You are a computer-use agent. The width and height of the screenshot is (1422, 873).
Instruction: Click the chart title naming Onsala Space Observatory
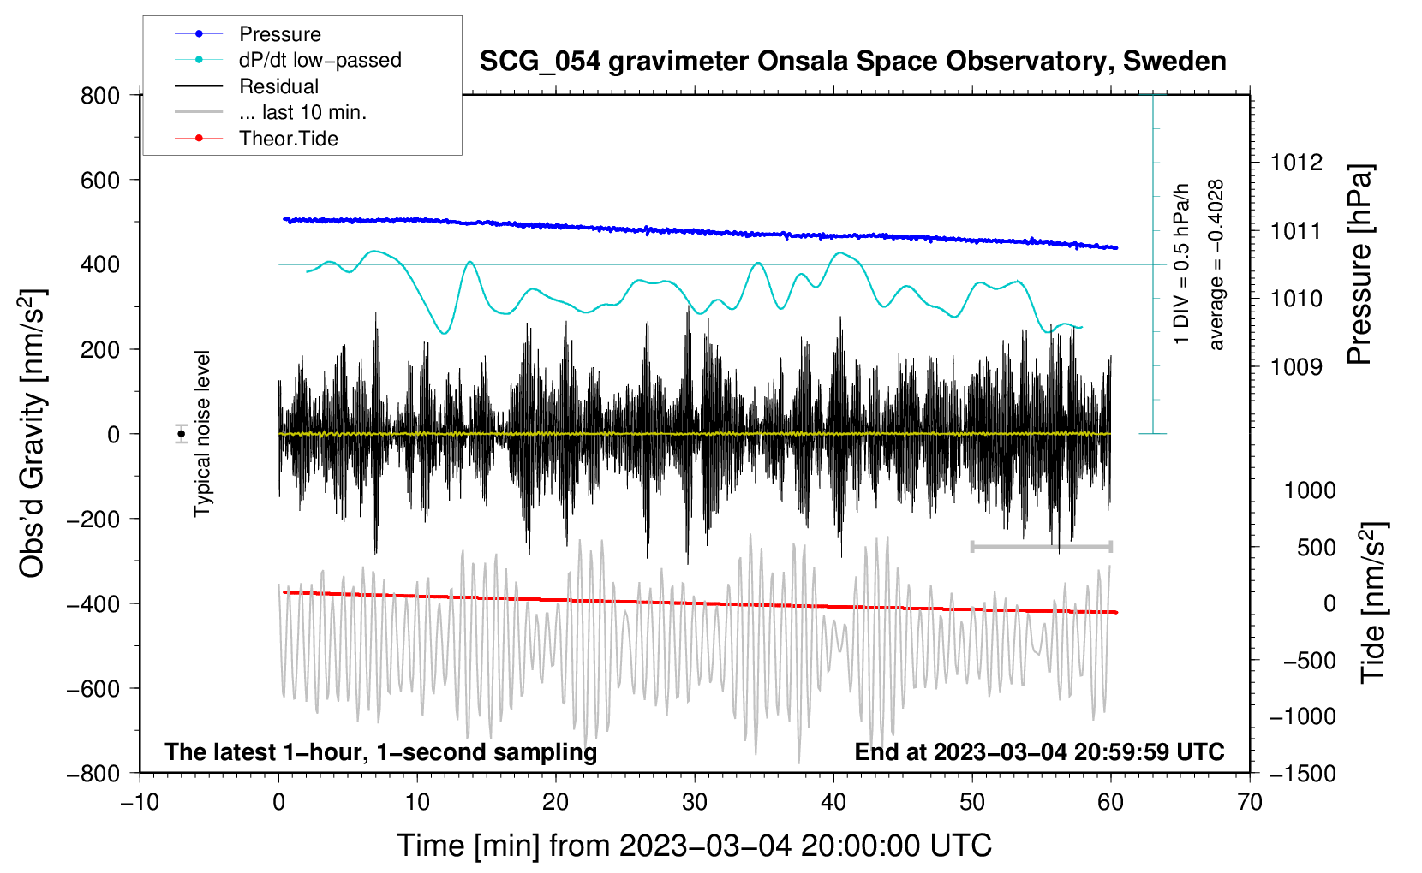click(852, 62)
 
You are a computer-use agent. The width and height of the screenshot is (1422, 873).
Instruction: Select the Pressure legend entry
click(279, 34)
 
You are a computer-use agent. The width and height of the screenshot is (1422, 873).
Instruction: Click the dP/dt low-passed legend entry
click(320, 60)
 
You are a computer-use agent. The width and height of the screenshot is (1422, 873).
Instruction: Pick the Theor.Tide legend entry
click(288, 139)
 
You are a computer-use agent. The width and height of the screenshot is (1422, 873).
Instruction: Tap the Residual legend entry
click(278, 86)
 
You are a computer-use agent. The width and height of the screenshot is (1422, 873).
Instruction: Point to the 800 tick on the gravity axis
click(100, 96)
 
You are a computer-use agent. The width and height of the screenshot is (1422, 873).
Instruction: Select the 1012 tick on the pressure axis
click(1296, 163)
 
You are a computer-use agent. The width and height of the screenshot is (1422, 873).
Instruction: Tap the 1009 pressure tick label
click(1296, 367)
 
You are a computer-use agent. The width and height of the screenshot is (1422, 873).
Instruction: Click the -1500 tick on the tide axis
click(1302, 774)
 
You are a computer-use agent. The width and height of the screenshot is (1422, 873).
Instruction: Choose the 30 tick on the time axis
click(695, 803)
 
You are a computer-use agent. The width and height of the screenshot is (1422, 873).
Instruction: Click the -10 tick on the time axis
click(140, 803)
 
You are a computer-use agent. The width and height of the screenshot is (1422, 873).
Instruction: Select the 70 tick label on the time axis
click(1250, 803)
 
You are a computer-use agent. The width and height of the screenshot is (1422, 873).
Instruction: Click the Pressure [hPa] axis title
click(1359, 265)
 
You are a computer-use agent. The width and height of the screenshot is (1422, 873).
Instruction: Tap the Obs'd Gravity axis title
click(33, 433)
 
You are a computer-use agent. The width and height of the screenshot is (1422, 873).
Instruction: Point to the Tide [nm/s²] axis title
click(1373, 602)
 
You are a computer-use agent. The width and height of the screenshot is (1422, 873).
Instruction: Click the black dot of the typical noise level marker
click(181, 434)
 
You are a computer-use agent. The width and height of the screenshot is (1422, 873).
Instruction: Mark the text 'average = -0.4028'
click(1216, 265)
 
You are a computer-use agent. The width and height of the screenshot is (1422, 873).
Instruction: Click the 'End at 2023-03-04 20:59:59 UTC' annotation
click(1039, 752)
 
